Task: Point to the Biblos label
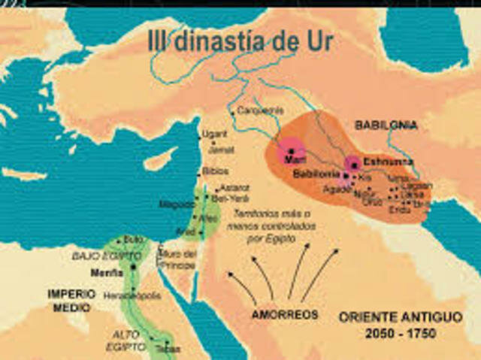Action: (215, 171)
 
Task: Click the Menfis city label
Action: (107, 273)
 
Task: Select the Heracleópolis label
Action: (133, 295)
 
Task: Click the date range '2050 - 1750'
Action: (399, 333)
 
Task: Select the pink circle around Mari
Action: (289, 150)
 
